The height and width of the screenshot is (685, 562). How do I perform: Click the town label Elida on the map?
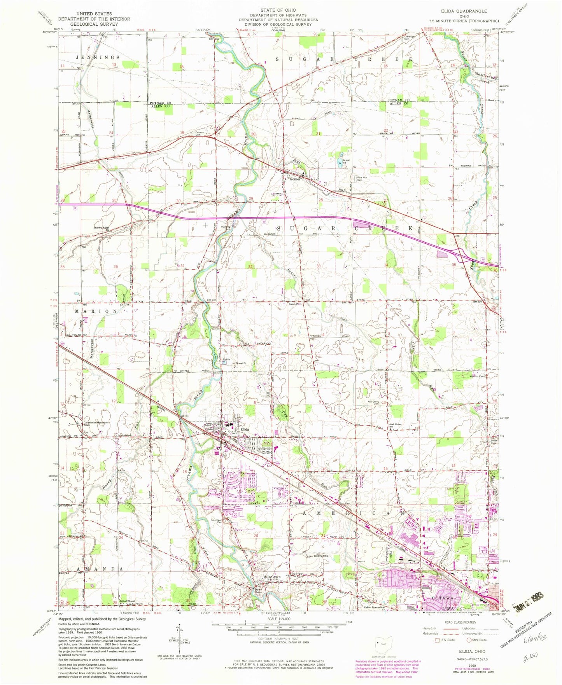tap(244, 429)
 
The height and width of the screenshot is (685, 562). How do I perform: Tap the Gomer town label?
tap(294, 179)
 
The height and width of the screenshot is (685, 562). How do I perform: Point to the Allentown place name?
tap(272, 576)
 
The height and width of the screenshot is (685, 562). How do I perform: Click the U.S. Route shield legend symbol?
tap(437, 640)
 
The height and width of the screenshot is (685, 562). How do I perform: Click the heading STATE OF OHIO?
tap(278, 10)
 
